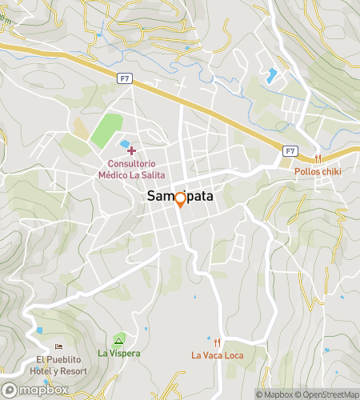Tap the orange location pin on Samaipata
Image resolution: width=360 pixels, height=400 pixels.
coord(180,199)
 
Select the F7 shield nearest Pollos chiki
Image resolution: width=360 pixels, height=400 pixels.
coord(290,150)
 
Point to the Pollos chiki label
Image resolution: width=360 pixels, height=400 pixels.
coord(318,171)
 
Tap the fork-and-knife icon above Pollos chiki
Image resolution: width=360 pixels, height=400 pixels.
coord(318,158)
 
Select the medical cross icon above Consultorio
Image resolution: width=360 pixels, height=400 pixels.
coord(132,150)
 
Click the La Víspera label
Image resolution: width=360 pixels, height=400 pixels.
coord(119,353)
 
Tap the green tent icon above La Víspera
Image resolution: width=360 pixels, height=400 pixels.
coord(119,341)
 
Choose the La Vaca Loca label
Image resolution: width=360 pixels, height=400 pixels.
coord(217,355)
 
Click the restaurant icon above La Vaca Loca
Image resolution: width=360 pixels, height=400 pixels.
coord(217,342)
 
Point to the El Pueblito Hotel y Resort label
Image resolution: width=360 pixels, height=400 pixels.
coord(58,366)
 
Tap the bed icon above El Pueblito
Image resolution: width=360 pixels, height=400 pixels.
coord(58,347)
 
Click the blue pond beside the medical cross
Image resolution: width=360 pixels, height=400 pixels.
coord(125,145)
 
